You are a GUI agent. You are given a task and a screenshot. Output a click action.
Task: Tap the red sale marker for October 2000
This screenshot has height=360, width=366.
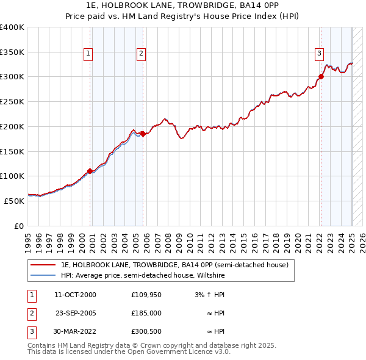[90, 171]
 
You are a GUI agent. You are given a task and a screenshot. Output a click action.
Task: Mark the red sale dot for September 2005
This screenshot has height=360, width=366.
[143, 134]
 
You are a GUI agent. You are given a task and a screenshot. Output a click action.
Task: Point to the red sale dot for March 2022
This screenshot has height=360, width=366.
[320, 76]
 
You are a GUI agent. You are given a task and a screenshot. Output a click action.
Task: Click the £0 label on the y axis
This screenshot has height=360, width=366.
[18, 226]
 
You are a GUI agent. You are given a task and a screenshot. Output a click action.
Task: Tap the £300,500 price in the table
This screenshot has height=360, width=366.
[146, 331]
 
